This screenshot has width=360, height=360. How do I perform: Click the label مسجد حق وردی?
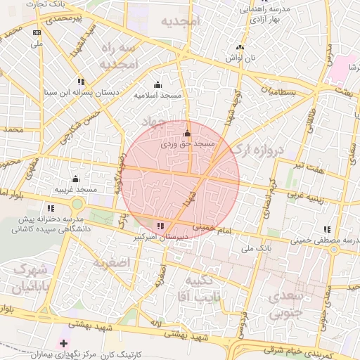(187, 143)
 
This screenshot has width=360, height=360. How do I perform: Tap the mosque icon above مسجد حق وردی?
(187, 134)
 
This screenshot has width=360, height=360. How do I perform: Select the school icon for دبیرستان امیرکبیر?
(162, 226)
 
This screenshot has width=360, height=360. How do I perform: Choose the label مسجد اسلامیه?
(157, 94)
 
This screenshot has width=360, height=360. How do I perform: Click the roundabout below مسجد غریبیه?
(77, 205)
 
